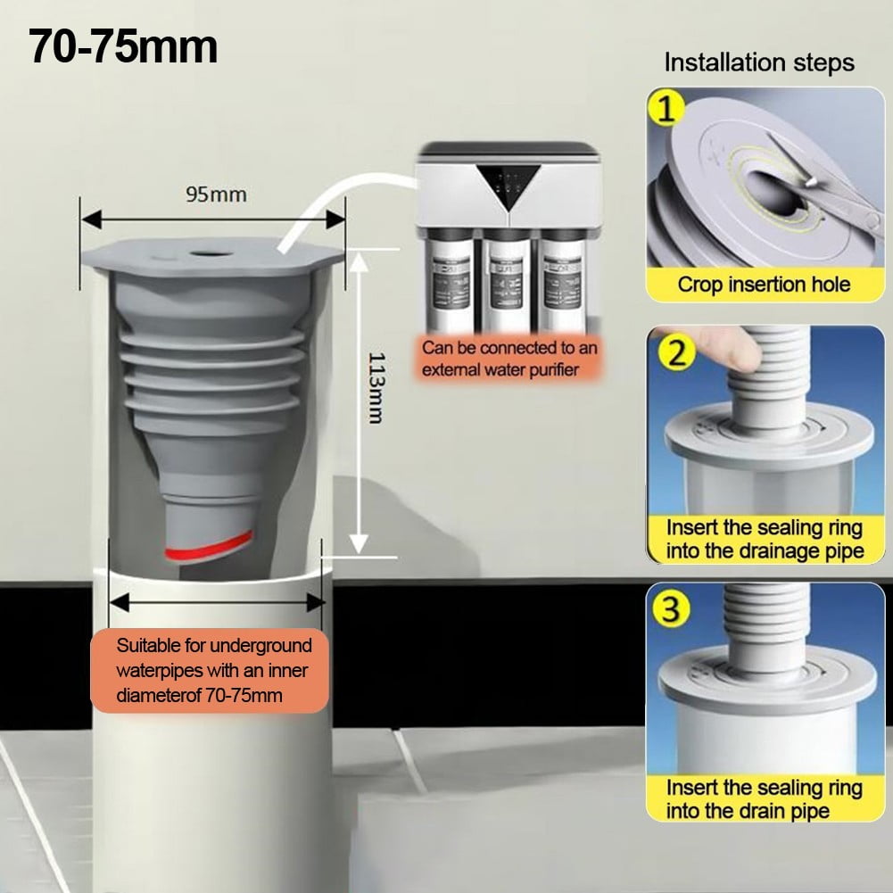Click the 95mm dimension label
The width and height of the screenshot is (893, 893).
pyautogui.click(x=216, y=193)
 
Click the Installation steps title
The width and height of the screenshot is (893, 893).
pyautogui.click(x=758, y=63)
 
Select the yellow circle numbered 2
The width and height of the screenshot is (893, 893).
pyautogui.click(x=677, y=353)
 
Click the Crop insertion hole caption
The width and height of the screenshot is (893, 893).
pyautogui.click(x=764, y=285)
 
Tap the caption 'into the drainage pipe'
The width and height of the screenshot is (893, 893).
pyautogui.click(x=765, y=550)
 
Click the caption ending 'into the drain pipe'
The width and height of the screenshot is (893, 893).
pyautogui.click(x=748, y=810)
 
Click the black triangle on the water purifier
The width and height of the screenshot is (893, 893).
pyautogui.click(x=509, y=185)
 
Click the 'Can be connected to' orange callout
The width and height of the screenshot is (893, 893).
pyautogui.click(x=509, y=360)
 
